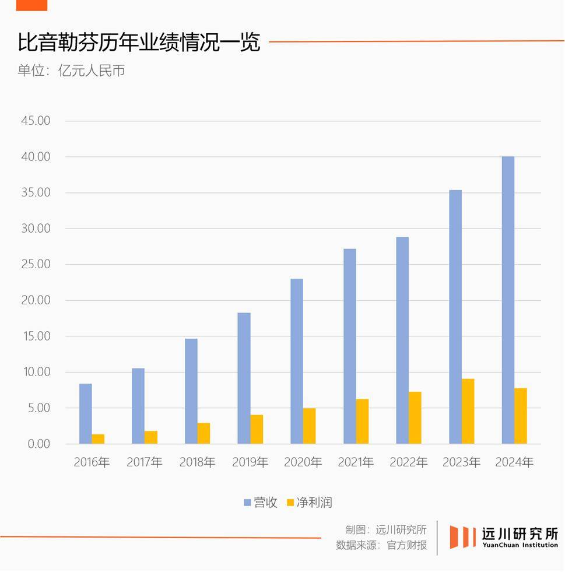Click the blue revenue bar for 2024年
[508, 300]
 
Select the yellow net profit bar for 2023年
[468, 411]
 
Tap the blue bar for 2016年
[86, 413]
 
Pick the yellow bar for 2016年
[98, 438]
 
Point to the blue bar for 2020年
[297, 361]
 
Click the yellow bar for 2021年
[362, 421]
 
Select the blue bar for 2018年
[191, 391]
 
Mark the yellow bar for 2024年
[521, 416]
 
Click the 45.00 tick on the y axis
[36, 121]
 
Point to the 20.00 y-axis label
[36, 300]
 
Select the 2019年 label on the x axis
[250, 462]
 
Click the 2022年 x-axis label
[409, 462]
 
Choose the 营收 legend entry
[261, 503]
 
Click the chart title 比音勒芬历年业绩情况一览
[139, 43]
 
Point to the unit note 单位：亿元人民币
[71, 71]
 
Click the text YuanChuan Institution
[520, 545]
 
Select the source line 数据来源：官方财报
[381, 545]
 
